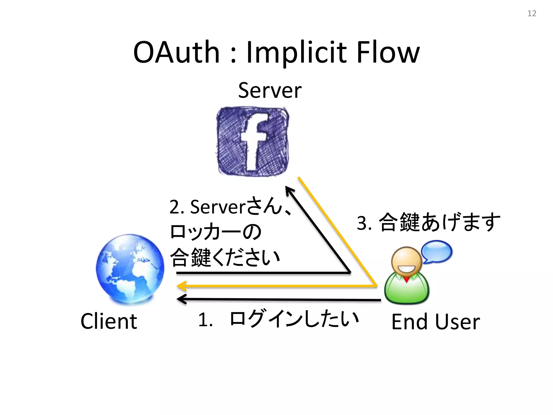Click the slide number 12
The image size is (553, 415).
coord(532,14)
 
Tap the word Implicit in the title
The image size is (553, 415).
coord(296,53)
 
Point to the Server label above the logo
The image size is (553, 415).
coord(270,90)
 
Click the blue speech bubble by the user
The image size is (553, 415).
coord(437,251)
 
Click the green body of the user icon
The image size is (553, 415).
coord(407,290)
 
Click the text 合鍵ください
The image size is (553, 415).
coord(225,257)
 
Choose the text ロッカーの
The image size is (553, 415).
coord(215,232)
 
